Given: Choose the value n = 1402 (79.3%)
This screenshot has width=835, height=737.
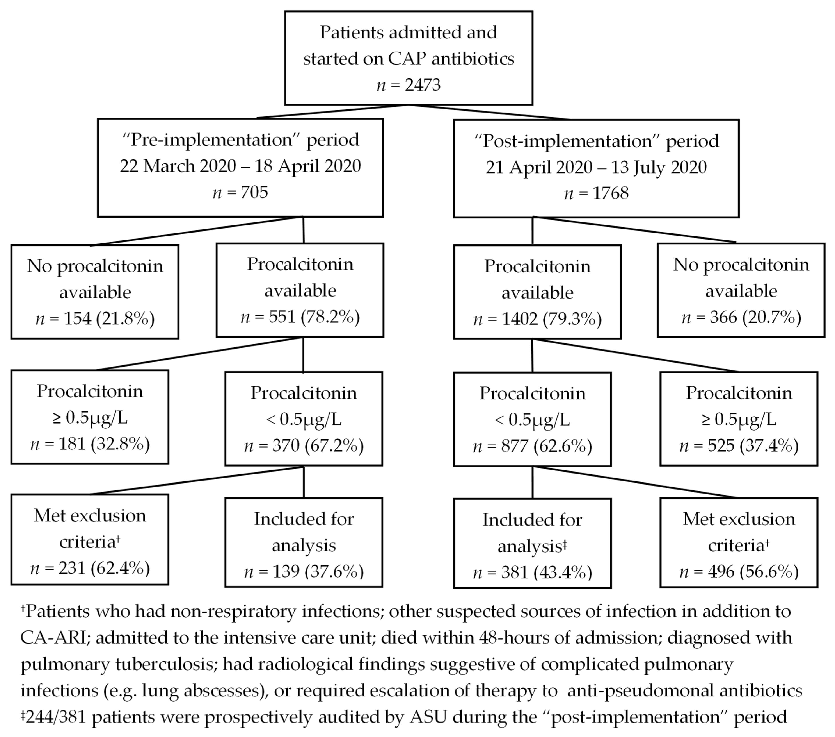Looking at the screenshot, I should (537, 319).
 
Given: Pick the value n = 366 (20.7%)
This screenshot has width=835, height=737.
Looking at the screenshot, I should (741, 317).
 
